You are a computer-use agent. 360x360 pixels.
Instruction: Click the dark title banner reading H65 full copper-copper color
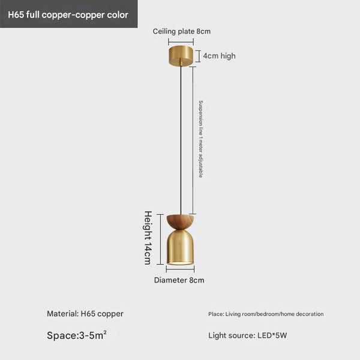tap(68, 14)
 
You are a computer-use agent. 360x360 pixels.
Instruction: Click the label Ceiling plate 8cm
tap(181, 31)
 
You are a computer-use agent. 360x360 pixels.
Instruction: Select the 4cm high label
tap(219, 56)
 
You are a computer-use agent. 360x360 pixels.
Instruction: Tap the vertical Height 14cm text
tap(147, 237)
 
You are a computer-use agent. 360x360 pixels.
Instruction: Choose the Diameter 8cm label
tap(179, 280)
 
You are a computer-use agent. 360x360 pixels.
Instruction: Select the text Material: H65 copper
tap(85, 314)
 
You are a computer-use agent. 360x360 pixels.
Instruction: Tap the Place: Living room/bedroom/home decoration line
tap(266, 314)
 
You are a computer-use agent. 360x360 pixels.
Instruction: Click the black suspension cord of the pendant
tap(181, 138)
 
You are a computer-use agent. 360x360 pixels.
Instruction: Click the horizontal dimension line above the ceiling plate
tap(181, 41)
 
